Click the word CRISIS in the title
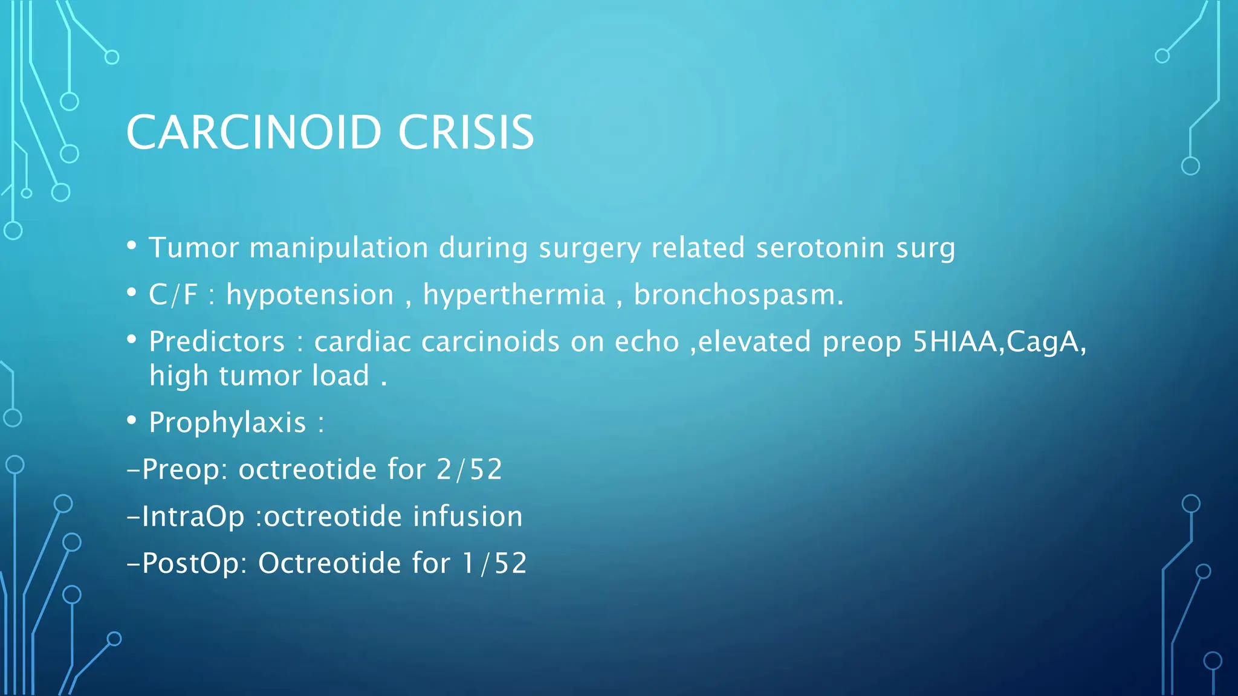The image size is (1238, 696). [466, 132]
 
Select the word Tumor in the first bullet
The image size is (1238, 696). [193, 248]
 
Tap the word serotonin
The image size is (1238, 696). [820, 248]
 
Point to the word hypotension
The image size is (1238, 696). [309, 295]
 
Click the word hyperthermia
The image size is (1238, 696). [514, 295]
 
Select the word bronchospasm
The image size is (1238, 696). [737, 295]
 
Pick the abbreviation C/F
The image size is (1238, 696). [173, 295]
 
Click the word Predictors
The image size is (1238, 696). [216, 342]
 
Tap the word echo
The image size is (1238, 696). [647, 342]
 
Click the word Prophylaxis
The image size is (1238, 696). [227, 422]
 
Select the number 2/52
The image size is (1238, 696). [469, 469]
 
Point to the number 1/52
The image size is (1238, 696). [494, 563]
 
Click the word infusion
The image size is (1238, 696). [468, 517]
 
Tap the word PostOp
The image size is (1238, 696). [193, 563]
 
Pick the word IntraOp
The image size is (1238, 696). [193, 517]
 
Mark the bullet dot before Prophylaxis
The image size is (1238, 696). [132, 420]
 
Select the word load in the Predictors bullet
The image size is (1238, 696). [340, 376]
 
